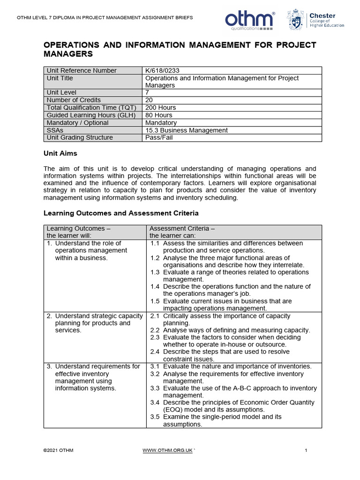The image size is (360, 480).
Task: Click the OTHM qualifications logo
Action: point(249,20)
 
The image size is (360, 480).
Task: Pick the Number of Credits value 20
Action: point(150,100)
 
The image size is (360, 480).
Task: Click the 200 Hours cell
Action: point(161,108)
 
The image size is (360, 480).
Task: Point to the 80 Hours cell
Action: point(159,115)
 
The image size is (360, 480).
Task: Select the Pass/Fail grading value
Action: point(159,138)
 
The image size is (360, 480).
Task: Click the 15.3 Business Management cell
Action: point(187,130)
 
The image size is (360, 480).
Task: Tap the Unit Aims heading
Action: point(60,153)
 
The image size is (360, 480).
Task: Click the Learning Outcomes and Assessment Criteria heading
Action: point(121,213)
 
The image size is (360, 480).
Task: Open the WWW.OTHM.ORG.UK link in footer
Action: point(167,450)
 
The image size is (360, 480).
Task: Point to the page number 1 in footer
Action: point(306,450)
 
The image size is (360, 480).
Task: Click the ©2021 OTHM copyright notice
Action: point(58,450)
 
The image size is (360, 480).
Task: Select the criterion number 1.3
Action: point(155,272)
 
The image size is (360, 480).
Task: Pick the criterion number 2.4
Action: point(155,352)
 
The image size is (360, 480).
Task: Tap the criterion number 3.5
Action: point(155,417)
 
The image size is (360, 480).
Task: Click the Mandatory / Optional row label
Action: point(77,123)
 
